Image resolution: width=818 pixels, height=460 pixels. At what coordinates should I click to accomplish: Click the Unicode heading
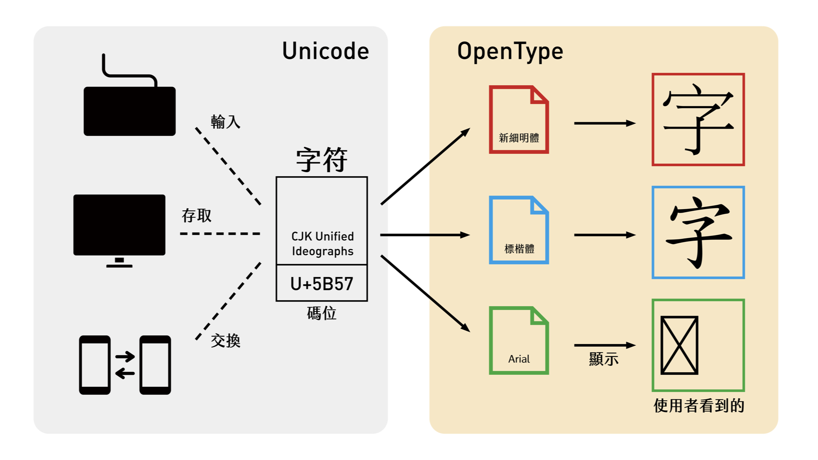pyautogui.click(x=325, y=51)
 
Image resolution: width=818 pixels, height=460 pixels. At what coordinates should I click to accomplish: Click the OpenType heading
pyautogui.click(x=510, y=51)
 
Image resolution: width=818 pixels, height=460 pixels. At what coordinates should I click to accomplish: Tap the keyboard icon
pyautogui.click(x=130, y=110)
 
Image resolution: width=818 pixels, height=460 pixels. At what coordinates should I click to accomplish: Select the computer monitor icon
pyautogui.click(x=119, y=225)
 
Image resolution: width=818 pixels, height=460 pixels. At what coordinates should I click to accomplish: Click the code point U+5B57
pyautogui.click(x=322, y=284)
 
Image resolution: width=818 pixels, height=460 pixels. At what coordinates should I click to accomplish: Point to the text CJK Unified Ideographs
pyautogui.click(x=323, y=244)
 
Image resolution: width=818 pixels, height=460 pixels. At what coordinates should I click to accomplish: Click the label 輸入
pyautogui.click(x=225, y=122)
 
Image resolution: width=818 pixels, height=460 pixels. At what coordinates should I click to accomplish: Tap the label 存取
pyautogui.click(x=196, y=216)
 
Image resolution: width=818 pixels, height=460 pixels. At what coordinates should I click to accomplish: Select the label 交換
pyautogui.click(x=225, y=341)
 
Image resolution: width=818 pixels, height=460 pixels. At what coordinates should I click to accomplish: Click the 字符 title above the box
pyautogui.click(x=322, y=160)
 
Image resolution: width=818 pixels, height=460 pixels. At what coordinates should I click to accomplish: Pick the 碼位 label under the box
pyautogui.click(x=322, y=313)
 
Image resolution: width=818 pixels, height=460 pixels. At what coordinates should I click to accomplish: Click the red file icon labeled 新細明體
pyautogui.click(x=518, y=120)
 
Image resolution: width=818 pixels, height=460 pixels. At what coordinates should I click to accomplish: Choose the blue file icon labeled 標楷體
pyautogui.click(x=518, y=230)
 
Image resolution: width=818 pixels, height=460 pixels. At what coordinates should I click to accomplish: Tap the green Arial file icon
pyautogui.click(x=518, y=340)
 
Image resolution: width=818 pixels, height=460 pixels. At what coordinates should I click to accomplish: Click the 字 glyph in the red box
pyautogui.click(x=698, y=119)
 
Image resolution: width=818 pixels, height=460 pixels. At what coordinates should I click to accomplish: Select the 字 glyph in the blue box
pyautogui.click(x=698, y=232)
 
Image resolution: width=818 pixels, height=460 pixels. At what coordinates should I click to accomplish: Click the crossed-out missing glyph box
pyautogui.click(x=679, y=345)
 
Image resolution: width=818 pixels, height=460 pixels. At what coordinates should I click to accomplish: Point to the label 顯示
pyautogui.click(x=604, y=359)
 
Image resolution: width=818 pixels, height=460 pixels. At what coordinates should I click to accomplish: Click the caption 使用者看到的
pyautogui.click(x=699, y=405)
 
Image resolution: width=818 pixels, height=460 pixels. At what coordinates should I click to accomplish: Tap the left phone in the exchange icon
pyautogui.click(x=95, y=365)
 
